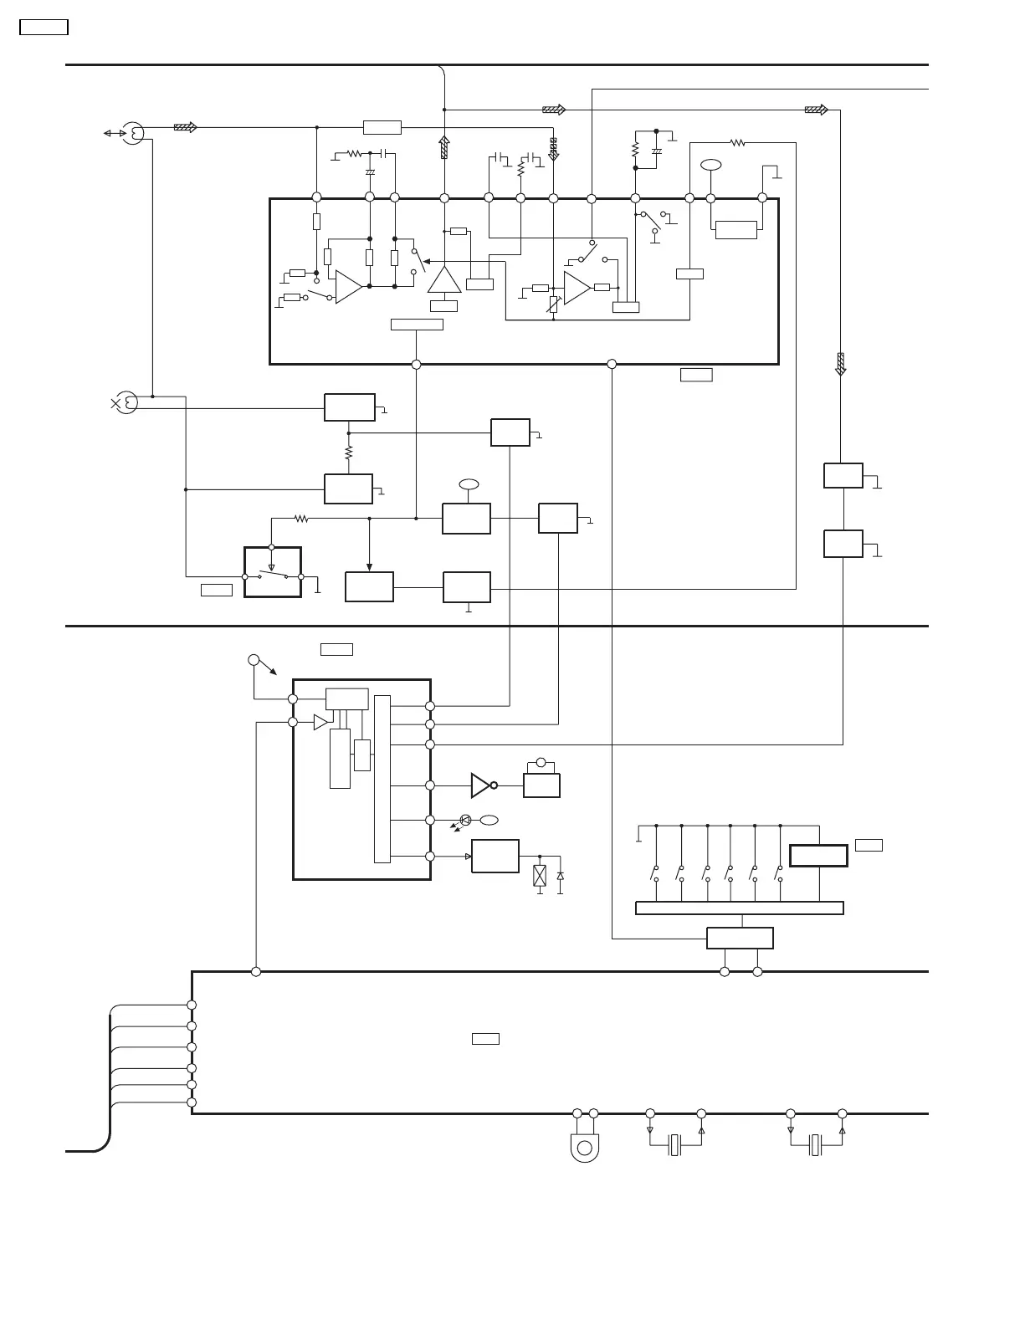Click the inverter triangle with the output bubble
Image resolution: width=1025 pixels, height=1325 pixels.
click(x=483, y=785)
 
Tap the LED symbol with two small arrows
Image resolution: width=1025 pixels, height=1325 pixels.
click(x=464, y=821)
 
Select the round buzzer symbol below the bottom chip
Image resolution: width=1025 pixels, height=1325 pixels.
click(x=585, y=1147)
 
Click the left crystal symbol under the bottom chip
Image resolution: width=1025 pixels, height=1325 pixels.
click(x=675, y=1145)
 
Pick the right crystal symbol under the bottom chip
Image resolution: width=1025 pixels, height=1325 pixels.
click(x=816, y=1145)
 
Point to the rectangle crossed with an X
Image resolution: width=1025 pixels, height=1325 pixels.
click(x=540, y=876)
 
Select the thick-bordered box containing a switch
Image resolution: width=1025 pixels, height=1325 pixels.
click(x=272, y=572)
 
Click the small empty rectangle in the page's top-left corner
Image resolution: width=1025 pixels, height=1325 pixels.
click(x=44, y=28)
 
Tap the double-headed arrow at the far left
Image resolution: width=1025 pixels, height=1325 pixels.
click(x=114, y=133)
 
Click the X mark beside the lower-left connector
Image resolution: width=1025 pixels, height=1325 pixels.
click(x=115, y=403)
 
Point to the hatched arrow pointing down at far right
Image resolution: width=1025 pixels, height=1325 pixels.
click(x=841, y=364)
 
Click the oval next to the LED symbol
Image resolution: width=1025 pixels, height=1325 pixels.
click(x=489, y=820)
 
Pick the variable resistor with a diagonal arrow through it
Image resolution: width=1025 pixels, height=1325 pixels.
click(x=553, y=304)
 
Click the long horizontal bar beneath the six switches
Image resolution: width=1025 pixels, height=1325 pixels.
click(x=739, y=908)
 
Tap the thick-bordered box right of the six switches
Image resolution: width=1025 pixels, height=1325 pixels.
click(x=818, y=856)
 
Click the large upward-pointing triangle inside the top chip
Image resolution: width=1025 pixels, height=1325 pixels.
click(x=444, y=279)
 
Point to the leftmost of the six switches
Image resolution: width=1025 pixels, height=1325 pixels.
click(x=655, y=872)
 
